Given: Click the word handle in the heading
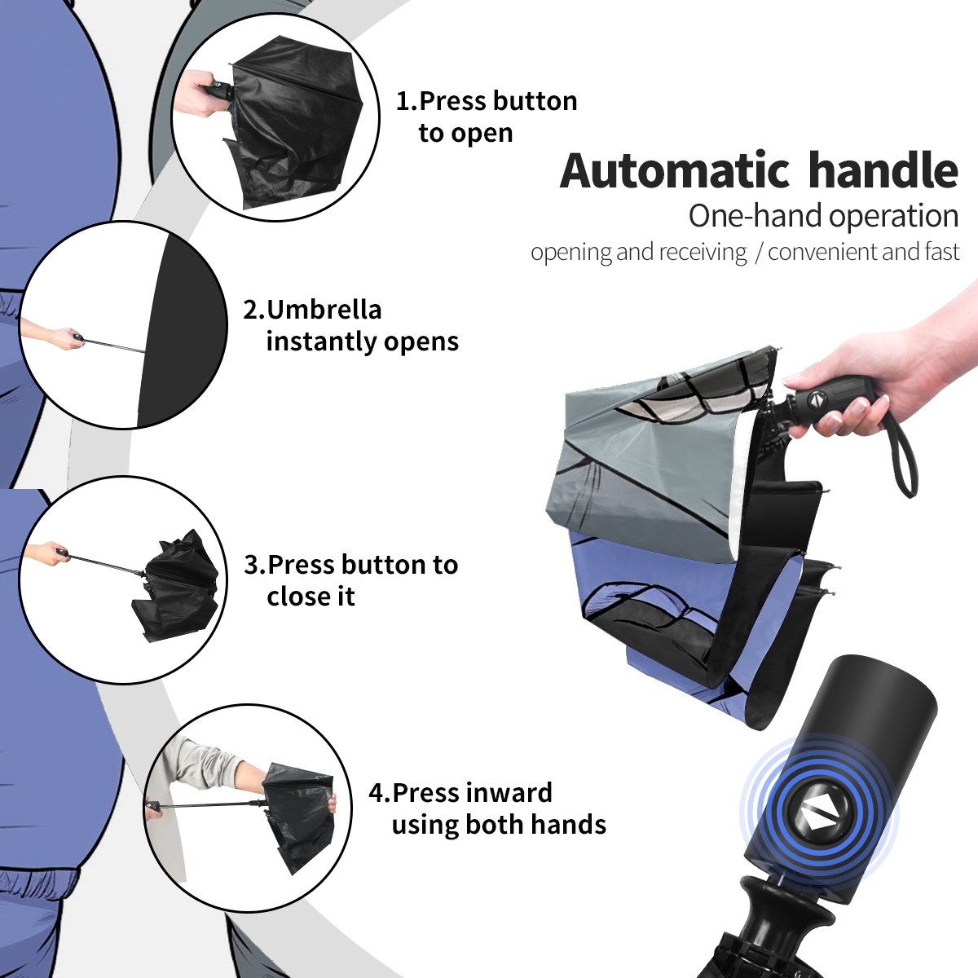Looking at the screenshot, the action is [883, 170].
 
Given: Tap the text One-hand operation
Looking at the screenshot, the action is [823, 216].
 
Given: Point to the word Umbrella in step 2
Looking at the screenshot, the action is [324, 310].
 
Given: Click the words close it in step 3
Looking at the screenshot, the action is [311, 596].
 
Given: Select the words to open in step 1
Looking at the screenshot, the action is [465, 134].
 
